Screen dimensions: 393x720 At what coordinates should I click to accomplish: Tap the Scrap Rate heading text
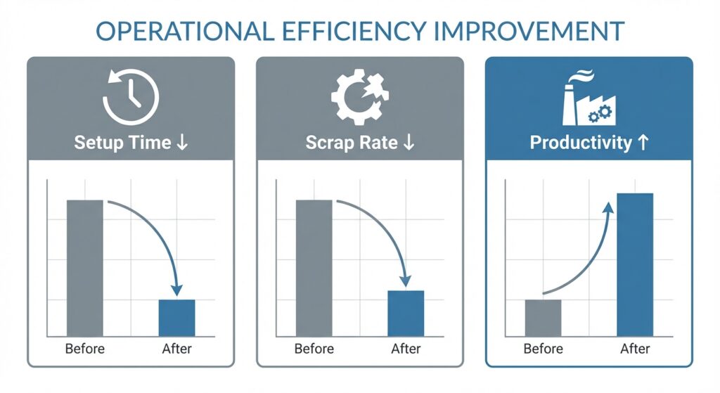pos(350,143)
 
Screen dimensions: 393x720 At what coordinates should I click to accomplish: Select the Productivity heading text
pos(580,143)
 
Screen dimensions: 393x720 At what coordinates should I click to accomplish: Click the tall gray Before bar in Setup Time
pos(85,267)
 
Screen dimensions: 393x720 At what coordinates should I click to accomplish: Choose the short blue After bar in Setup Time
pos(176,318)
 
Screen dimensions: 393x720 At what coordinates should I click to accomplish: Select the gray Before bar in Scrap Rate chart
pos(314,267)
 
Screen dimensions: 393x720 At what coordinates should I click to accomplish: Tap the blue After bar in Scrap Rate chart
pos(406,313)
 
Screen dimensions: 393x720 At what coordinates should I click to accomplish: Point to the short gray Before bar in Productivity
pos(544,318)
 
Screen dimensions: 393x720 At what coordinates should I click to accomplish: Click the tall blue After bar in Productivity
pos(635,264)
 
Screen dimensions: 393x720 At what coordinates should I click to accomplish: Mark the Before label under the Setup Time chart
pos(85,349)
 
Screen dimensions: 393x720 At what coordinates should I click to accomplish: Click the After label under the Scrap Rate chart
pos(406,349)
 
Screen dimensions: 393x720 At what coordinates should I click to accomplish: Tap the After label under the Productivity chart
pos(635,349)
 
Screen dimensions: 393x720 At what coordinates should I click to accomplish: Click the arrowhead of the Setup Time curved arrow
pos(176,290)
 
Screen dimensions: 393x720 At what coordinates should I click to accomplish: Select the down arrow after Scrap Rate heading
pos(409,143)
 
